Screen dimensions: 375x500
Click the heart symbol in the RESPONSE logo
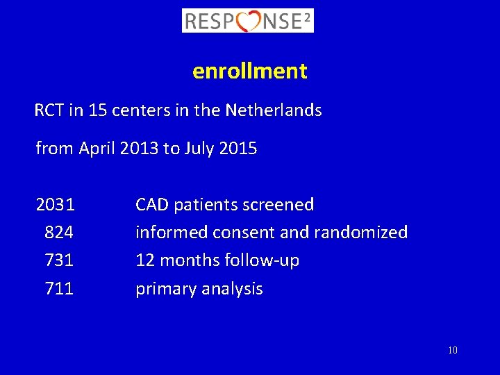(x=248, y=21)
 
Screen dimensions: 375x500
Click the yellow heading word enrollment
(x=250, y=71)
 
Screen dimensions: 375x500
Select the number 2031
(x=56, y=205)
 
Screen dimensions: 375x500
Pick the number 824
(x=59, y=233)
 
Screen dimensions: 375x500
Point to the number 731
(x=59, y=260)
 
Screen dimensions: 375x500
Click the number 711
(x=59, y=288)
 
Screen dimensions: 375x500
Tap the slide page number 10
(x=453, y=351)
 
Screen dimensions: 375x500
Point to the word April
(x=97, y=149)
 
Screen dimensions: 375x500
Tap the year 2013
(x=139, y=149)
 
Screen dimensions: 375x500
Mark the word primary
(x=162, y=289)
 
